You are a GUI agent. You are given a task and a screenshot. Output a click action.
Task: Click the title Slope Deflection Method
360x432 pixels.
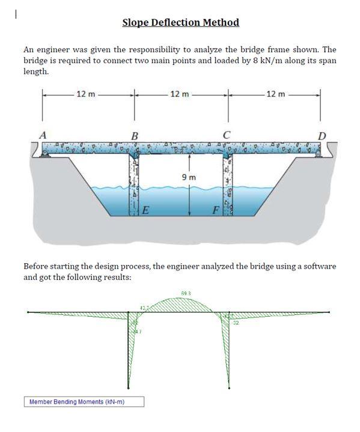point(180,23)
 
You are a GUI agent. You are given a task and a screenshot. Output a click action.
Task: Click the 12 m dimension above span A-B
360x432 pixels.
point(85,94)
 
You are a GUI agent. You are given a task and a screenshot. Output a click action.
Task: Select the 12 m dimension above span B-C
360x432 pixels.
point(180,94)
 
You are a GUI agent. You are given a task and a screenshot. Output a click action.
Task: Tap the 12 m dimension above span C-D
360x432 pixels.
point(274,94)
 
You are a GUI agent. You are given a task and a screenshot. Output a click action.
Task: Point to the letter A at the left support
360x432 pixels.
point(43,135)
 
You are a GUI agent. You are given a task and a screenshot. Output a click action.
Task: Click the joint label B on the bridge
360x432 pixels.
point(135,136)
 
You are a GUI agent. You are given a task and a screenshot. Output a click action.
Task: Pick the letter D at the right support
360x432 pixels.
point(322,136)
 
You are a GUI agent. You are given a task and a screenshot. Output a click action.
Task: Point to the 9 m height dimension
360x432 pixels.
point(188,177)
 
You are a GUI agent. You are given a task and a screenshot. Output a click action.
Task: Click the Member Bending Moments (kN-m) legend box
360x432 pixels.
point(84,401)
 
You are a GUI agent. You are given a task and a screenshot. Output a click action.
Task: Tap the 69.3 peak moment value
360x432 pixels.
point(186,293)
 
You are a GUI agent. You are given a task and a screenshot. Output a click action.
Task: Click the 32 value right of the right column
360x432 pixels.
point(236,323)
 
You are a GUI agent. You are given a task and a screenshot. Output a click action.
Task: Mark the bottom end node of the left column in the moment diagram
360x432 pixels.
point(128,388)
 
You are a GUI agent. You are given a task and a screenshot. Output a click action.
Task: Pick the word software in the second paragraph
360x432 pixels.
point(318,266)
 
